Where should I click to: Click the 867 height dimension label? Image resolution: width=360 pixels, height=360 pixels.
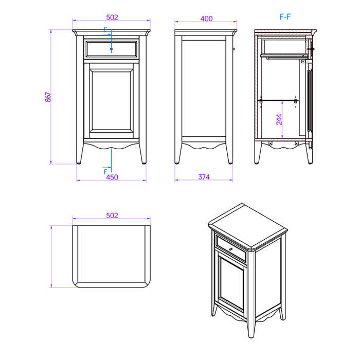48,97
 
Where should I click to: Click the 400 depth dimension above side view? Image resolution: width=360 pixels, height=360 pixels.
206,19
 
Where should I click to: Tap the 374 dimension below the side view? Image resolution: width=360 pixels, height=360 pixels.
204,177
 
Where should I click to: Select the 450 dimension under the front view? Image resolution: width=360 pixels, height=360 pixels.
112,177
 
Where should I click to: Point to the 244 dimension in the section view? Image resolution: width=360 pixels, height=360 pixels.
279,119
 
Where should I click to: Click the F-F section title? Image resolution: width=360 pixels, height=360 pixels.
285,17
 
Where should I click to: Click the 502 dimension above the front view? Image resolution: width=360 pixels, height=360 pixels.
112,17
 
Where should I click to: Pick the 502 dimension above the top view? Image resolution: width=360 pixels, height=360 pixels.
112,215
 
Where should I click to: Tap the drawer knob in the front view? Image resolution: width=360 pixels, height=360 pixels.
112,49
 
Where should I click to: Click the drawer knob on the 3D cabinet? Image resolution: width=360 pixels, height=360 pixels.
231,249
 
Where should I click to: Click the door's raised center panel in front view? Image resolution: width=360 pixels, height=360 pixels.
112,101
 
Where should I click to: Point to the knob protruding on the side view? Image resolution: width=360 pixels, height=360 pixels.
233,49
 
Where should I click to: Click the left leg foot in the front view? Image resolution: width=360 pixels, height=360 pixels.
79,163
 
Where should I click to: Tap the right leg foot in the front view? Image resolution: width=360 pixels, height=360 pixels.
144,163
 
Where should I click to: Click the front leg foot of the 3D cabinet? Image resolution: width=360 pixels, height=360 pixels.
251,336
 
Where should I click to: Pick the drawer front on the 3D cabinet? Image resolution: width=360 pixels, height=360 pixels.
231,249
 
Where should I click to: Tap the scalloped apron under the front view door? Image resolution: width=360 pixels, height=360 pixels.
112,146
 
